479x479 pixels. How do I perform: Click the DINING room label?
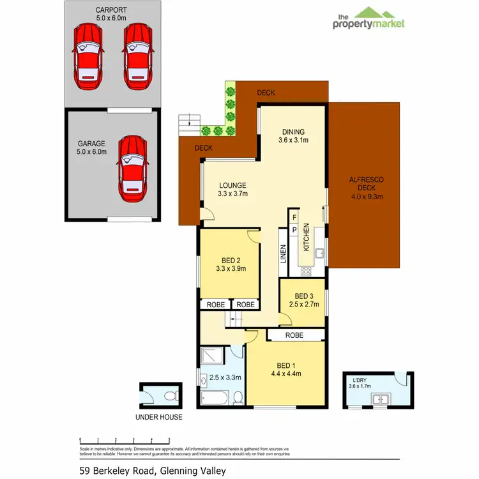293,136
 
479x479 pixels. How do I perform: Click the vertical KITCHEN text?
307,237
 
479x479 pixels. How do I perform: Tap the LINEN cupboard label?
283,254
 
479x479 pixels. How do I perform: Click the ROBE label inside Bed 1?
294,335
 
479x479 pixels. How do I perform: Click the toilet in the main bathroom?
237,398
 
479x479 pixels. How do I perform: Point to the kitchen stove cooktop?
306,271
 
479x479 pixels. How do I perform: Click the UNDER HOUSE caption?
158,417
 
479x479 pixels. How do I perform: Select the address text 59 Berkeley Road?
153,471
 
